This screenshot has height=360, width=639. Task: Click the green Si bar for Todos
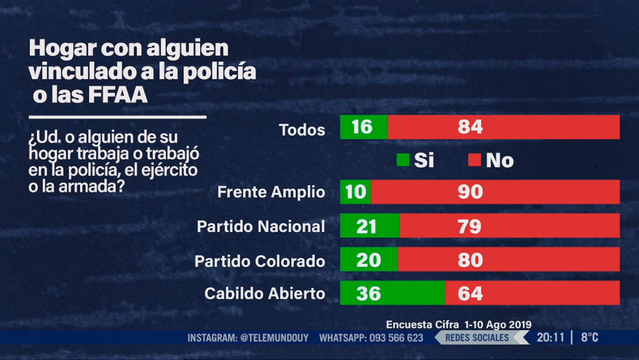click(x=364, y=127)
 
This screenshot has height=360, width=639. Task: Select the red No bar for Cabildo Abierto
click(x=532, y=293)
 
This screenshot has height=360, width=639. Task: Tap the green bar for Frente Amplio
click(x=355, y=192)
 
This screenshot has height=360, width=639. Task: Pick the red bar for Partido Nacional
click(x=509, y=226)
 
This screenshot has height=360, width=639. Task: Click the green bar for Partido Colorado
click(x=369, y=260)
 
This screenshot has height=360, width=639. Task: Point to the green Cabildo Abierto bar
click(x=392, y=293)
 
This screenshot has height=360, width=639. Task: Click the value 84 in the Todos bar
click(x=470, y=127)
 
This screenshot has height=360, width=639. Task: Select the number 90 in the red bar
click(x=470, y=192)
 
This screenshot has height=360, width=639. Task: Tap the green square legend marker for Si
click(x=403, y=160)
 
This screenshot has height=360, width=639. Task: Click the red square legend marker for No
click(x=474, y=160)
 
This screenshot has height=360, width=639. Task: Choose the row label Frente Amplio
click(x=271, y=192)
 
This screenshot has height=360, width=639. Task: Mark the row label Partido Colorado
click(x=259, y=261)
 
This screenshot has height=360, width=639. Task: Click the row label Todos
click(x=302, y=130)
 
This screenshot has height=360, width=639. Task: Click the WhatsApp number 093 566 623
click(x=396, y=338)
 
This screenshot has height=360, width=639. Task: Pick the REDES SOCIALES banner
click(x=477, y=338)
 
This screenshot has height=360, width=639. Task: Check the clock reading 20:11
click(x=550, y=338)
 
